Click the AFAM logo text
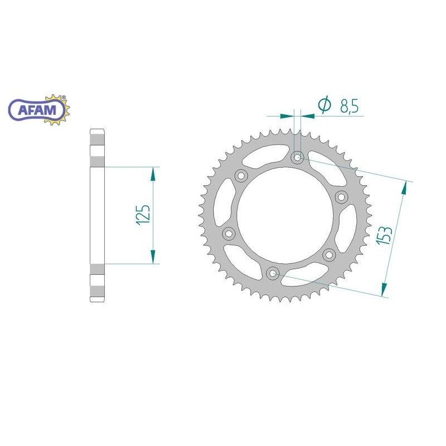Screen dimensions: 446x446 pos(37,110)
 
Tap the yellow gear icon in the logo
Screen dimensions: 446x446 pos(59,110)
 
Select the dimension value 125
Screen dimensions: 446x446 pos(143,215)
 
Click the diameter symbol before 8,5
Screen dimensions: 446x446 pos(324,104)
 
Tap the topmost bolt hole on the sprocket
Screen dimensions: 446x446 pos(297,157)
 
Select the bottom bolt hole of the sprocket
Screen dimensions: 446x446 pos(273,273)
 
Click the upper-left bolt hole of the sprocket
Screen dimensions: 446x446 pos(241,176)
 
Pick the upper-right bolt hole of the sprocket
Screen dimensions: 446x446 pos(341,197)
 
